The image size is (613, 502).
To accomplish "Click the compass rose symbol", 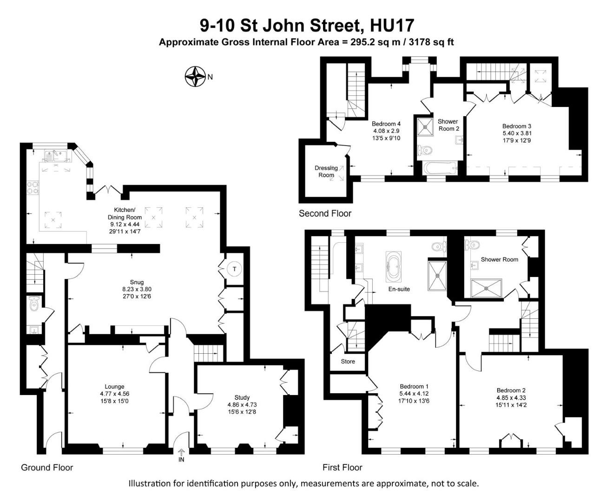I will click(195, 77).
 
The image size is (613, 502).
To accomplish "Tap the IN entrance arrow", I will click(181, 452).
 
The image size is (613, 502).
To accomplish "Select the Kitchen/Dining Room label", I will click(125, 213).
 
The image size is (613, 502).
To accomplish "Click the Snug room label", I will click(137, 282).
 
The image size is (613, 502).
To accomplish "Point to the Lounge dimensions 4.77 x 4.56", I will click(114, 394).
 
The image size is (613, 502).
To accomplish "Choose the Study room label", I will click(242, 397).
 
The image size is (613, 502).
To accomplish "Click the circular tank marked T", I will click(235, 269).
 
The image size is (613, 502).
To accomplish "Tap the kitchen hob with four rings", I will click(33, 187).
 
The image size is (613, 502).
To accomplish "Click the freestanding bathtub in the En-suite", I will click(394, 267).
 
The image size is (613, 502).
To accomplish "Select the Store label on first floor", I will click(348, 361).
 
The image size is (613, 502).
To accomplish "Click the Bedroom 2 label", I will click(511, 390).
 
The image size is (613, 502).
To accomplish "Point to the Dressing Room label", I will click(326, 172).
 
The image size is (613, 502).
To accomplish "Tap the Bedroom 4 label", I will click(386, 124).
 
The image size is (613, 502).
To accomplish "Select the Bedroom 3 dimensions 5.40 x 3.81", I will click(516, 133).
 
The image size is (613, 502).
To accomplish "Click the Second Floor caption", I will click(325, 213).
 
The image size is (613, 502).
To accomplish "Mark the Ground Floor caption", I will click(47, 467).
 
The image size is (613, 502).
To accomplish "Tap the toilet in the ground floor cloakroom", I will click(34, 304).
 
